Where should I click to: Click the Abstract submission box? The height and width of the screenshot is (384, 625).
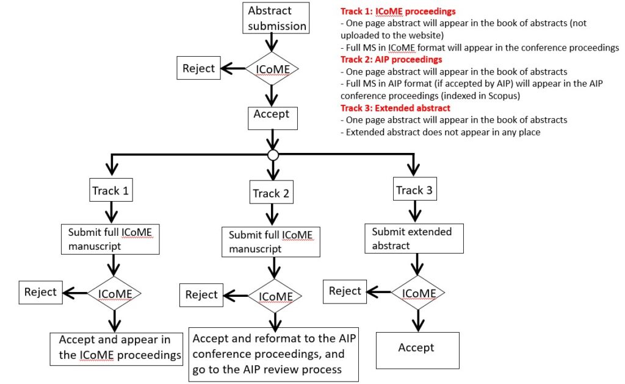click(x=276, y=18)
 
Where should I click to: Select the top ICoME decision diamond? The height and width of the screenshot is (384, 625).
click(x=272, y=68)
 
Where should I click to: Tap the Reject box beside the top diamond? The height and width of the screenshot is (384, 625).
click(x=198, y=68)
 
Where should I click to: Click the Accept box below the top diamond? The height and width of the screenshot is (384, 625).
click(x=273, y=118)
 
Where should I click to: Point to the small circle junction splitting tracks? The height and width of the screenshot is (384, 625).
click(x=273, y=155)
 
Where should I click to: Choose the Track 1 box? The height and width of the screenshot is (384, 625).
click(x=111, y=190)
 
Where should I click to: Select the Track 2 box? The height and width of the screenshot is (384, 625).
click(x=272, y=192)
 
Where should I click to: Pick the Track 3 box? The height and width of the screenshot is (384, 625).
click(x=414, y=189)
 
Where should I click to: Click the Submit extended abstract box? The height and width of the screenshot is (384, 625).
click(x=414, y=238)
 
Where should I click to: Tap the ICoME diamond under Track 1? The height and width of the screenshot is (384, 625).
click(x=114, y=293)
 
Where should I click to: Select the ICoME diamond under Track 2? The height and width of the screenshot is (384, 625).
click(x=275, y=296)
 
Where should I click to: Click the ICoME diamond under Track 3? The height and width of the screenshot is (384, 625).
click(x=417, y=293)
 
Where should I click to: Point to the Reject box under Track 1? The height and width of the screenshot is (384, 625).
click(x=41, y=293)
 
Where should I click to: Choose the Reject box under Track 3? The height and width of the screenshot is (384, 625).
click(x=345, y=292)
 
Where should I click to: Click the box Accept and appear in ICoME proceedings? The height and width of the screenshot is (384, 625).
click(x=117, y=349)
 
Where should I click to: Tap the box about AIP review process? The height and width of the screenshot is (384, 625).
click(x=274, y=355)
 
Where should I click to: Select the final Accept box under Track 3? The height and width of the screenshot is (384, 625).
click(x=417, y=350)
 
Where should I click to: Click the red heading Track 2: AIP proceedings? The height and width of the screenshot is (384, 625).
click(x=391, y=60)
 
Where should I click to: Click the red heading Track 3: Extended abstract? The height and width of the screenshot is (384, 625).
click(x=396, y=108)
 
